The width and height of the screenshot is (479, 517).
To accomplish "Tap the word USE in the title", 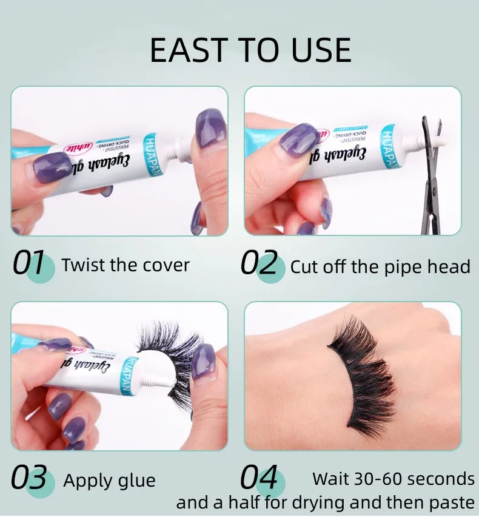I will (x=320, y=50).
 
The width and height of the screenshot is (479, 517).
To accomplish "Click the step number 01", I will (x=29, y=265).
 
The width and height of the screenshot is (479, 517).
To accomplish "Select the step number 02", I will (x=260, y=265).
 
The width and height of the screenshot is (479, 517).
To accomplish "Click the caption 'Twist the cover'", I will (x=126, y=265).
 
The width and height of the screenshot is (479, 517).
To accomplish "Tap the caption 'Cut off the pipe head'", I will (x=380, y=267).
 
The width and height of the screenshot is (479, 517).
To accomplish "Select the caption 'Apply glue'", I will (x=109, y=481).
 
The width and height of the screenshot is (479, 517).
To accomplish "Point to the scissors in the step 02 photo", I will (x=432, y=176).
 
